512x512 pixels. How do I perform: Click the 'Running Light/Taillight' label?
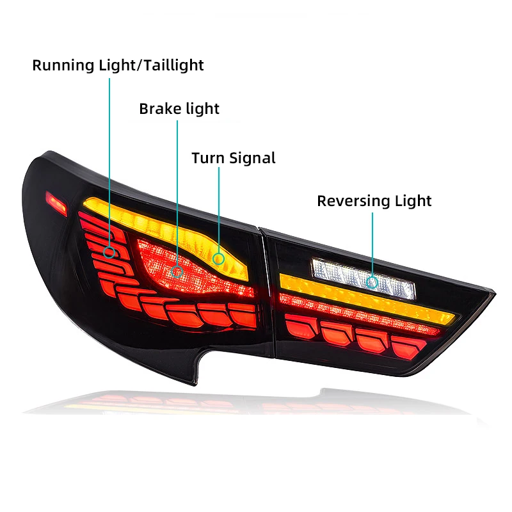(118, 65)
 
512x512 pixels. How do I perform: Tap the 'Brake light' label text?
(179, 109)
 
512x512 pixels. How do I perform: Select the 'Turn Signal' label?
(234, 158)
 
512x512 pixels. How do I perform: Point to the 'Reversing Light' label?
(374, 201)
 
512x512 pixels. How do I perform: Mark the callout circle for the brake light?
(178, 271)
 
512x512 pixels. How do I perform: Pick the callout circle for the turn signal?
(219, 259)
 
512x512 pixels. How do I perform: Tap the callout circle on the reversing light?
(372, 282)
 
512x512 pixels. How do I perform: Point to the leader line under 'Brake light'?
(178, 192)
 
